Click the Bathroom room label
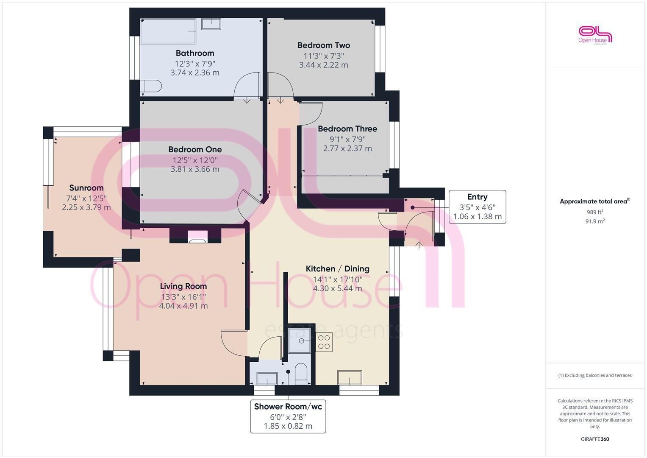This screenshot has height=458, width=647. [195, 53]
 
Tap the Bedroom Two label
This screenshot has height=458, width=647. [324, 45]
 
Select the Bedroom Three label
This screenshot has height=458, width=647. [347, 129]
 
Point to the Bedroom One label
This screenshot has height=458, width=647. [195, 150]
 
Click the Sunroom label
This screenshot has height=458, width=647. [86, 188]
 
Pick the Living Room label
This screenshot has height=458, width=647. [183, 286]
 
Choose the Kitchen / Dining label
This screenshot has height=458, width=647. [338, 269]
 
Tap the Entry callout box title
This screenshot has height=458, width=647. [477, 197]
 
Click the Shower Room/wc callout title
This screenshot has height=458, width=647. [288, 407]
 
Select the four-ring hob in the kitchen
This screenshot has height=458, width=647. [324, 342]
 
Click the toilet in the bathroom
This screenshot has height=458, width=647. [151, 87]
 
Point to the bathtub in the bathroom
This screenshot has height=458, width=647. [168, 31]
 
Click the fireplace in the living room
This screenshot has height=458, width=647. [198, 237]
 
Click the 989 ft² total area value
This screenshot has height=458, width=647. [595, 212]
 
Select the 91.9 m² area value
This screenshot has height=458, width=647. [595, 221]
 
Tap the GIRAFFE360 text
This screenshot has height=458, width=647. [595, 439]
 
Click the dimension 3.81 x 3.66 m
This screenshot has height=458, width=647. [195, 169]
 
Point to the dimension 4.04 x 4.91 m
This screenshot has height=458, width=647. [183, 306]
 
